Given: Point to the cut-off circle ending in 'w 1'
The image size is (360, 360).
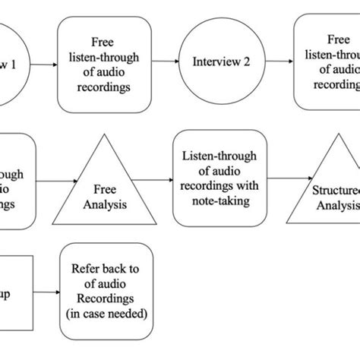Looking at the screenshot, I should pos(11,64).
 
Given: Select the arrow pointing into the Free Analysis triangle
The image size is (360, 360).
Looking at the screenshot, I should pos(56,180).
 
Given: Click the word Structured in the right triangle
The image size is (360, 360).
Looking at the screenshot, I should pos(333,187).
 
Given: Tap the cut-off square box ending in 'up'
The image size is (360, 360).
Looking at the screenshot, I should pos(14,292).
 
